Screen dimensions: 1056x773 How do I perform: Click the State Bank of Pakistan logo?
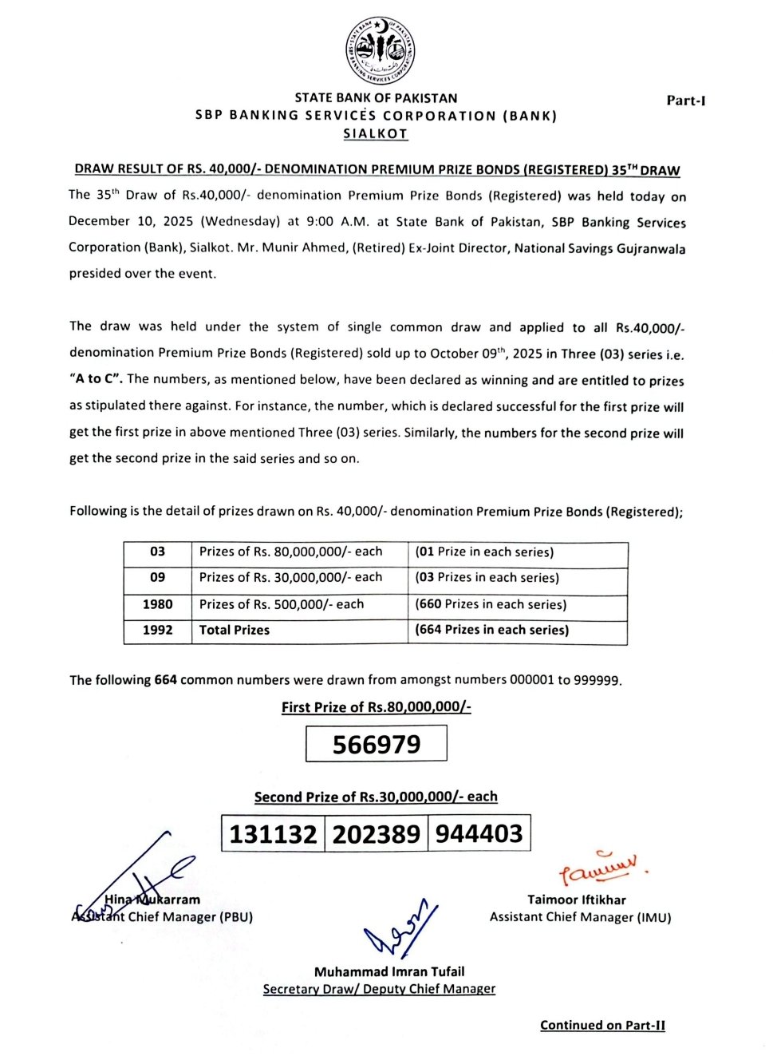[x=380, y=50]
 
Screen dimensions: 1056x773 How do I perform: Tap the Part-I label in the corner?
[x=685, y=101]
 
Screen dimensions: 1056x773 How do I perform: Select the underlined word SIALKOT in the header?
[x=375, y=134]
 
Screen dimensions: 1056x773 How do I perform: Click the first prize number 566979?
[x=376, y=744]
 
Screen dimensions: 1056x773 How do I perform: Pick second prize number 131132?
[x=273, y=834]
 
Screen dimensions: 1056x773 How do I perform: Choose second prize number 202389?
[x=376, y=834]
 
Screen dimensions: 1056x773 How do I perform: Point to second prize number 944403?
[x=479, y=833]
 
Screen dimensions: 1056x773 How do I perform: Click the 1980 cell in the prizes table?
[x=157, y=604]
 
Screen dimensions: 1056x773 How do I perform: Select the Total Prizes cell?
[x=235, y=630]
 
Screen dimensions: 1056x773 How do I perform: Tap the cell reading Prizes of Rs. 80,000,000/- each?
[x=290, y=552]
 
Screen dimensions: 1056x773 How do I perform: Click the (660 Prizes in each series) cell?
[x=491, y=604]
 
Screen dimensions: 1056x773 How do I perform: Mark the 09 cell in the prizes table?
[x=157, y=577]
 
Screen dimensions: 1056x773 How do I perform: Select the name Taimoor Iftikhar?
[x=576, y=900]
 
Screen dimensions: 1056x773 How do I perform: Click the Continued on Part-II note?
[x=602, y=1026]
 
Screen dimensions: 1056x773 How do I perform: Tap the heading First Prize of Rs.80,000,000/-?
[x=376, y=707]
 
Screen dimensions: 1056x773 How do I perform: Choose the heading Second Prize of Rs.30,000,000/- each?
[x=376, y=797]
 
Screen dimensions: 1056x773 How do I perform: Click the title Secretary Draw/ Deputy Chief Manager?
[x=379, y=989]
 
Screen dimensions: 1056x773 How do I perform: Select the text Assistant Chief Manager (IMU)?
[x=580, y=917]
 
